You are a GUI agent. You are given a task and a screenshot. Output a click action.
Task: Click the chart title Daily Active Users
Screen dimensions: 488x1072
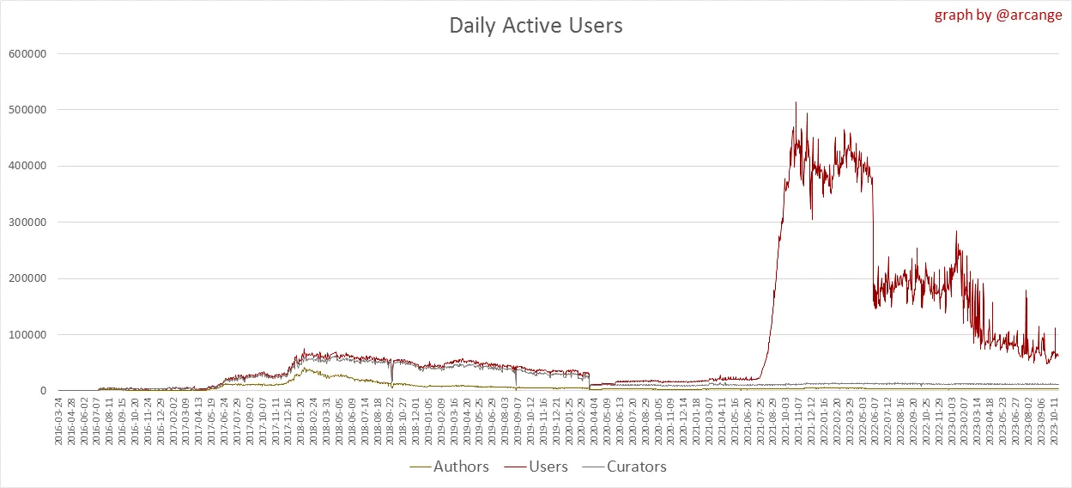(x=536, y=26)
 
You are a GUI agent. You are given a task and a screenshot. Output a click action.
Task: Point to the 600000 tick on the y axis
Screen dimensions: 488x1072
(x=28, y=53)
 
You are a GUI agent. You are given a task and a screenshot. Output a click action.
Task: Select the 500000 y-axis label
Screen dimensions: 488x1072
(x=28, y=110)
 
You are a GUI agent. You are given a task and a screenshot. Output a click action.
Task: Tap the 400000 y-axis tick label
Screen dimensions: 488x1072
(x=28, y=166)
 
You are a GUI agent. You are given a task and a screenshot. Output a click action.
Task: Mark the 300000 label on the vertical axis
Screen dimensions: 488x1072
(x=28, y=223)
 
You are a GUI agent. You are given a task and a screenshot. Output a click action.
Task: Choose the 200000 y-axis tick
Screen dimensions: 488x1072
(x=28, y=278)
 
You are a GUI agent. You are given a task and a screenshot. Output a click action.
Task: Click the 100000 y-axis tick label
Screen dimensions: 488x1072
(x=28, y=335)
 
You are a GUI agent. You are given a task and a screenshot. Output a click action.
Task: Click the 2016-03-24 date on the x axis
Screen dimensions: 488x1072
(x=58, y=420)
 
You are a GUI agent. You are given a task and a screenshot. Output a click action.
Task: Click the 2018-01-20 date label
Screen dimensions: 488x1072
(x=300, y=420)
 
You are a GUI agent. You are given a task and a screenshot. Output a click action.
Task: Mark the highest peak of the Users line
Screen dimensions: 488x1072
(x=796, y=102)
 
